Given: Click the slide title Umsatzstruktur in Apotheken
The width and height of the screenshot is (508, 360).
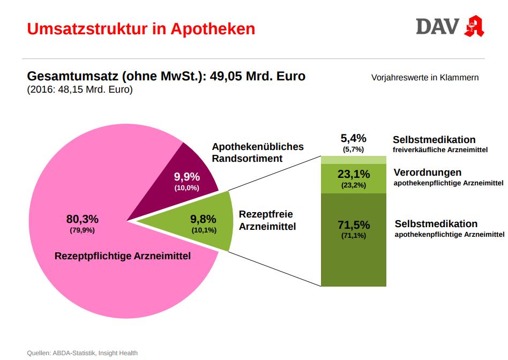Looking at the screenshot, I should coord(141,28).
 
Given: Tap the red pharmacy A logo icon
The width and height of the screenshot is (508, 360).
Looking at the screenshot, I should coord(474,26).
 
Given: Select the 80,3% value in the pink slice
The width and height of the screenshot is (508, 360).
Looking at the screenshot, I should coord(82,219).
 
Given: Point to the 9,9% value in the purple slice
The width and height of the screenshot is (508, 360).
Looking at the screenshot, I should coord(186,177).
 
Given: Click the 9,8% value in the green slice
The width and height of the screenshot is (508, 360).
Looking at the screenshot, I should coord(203,219).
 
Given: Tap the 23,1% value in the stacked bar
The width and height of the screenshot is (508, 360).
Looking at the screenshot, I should coord(354,174).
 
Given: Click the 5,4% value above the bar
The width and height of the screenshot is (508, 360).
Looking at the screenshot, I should coord(354,138).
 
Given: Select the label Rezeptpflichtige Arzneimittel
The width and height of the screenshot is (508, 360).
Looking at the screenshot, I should coord(123,256).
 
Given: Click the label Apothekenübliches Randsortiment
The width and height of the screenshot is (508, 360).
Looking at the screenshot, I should coord(258,152).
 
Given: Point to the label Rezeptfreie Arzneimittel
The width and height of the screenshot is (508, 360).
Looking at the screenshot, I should coord(267,220).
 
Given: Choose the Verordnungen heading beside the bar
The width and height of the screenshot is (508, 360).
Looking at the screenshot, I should coord(428,172).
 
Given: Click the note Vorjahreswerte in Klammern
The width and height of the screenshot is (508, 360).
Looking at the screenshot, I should coord(425,78).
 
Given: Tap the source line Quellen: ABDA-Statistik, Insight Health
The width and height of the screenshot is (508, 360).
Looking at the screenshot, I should coord(82,352).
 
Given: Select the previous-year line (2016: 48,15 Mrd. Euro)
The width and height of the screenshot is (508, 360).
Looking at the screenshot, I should coord(80,90).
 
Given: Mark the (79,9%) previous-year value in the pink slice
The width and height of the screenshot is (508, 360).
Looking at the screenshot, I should coord(82,230).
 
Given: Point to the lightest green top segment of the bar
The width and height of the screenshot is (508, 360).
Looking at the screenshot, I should coord(354,160).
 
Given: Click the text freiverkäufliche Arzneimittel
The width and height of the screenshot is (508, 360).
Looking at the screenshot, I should coord(440,150).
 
